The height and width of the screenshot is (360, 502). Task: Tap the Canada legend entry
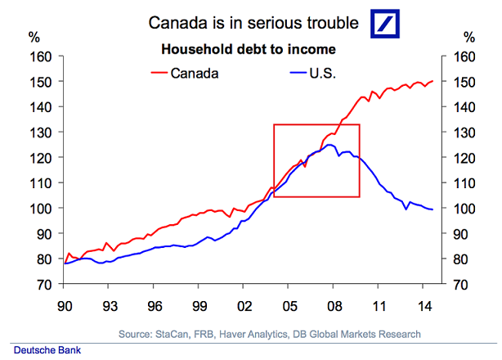click(195, 73)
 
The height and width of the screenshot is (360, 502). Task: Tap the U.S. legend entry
click(320, 73)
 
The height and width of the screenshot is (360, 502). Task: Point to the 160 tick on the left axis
click(41, 56)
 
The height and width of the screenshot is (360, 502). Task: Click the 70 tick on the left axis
click(44, 285)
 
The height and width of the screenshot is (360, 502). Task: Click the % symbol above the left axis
click(34, 37)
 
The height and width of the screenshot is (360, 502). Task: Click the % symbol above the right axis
click(468, 37)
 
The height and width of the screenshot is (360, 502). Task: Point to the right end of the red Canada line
click(433, 81)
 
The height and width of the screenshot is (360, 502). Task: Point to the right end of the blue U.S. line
click(433, 210)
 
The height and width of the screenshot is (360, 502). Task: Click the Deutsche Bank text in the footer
click(41, 350)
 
